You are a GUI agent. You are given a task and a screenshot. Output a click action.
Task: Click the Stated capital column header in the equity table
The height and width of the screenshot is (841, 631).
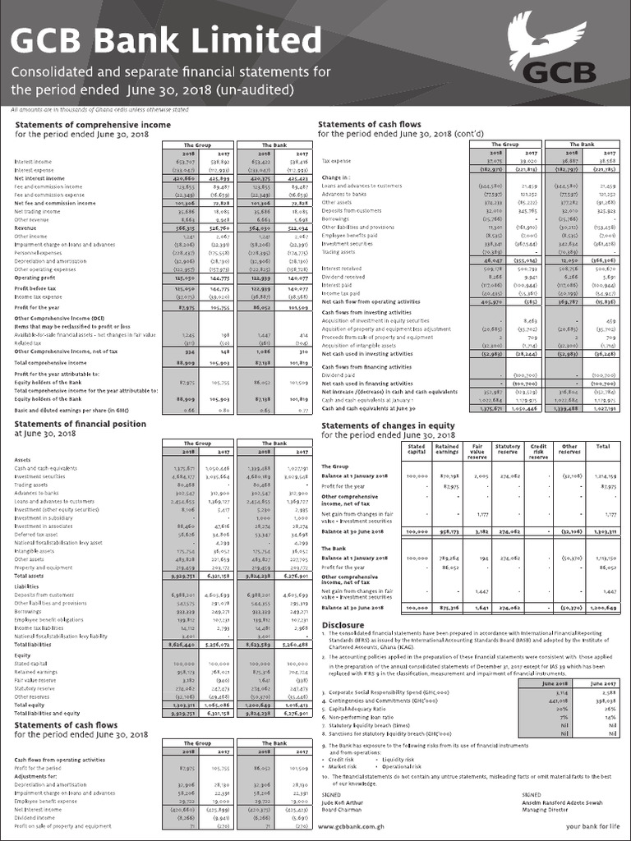coord(417,448)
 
